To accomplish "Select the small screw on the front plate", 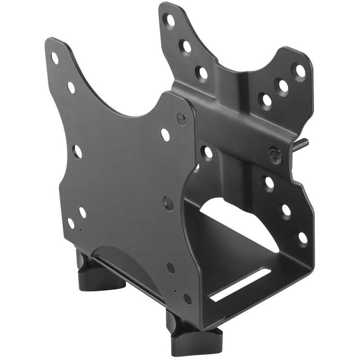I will pos(181,118).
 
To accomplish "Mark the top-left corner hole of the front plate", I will pos(55,58).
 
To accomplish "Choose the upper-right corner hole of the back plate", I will pos(298,70).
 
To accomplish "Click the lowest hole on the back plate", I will pos(303,237).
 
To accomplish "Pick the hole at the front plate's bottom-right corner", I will pos(188,298).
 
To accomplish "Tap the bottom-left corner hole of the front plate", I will pos(71,222).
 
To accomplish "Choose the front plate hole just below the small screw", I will pos(165,133).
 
